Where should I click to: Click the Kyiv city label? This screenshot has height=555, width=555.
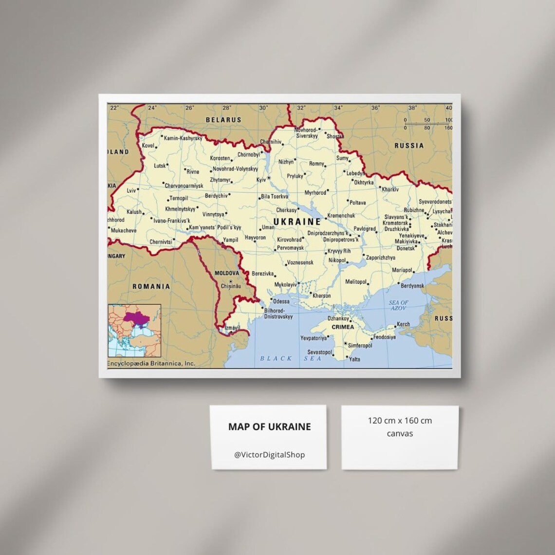coord(261,180)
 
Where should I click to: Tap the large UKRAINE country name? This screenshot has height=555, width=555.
coord(297,222)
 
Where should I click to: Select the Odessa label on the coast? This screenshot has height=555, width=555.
coord(281,301)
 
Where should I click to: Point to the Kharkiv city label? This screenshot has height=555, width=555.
coord(390,189)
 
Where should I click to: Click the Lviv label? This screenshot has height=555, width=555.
coord(131,190)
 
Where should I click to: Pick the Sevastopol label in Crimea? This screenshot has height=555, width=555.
coord(319,352)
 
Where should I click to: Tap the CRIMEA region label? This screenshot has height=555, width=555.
coord(343,327)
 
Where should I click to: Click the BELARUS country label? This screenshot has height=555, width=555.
coord(223,120)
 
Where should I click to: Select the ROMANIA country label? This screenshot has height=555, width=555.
coord(151,286)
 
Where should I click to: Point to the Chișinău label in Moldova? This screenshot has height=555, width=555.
coord(231,286)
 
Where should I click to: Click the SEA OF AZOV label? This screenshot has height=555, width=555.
coord(398,305)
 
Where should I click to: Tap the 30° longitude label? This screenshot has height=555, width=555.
coord(263,108)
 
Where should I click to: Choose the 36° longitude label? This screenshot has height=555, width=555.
coord(375,108)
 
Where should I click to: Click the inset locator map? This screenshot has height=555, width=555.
coord(134,331)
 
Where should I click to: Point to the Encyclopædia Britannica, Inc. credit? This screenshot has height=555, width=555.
coord(151,363)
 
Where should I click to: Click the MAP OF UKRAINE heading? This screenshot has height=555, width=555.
coord(269,426)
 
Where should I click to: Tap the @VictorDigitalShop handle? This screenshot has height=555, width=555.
coord(269,455)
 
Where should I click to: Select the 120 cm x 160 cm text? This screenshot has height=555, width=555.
coord(400,421)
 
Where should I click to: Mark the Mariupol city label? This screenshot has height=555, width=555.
coord(402,270)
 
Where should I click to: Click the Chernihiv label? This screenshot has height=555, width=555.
coord(271,142)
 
